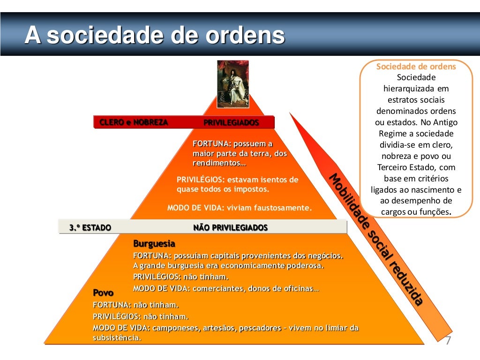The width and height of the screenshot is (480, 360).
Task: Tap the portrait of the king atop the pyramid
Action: coord(232,82)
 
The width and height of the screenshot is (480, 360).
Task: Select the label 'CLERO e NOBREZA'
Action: coord(133,122)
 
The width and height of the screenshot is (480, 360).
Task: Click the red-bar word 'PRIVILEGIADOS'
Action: coord(231,123)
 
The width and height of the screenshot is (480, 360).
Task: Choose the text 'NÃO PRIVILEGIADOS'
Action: coord(230,228)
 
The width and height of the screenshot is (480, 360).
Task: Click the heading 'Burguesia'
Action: coord(154,244)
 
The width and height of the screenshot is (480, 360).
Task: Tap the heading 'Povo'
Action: coord(103,293)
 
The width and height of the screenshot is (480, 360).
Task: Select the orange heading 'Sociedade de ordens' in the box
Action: coord(416,67)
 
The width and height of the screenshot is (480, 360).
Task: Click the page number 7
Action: coord(448,341)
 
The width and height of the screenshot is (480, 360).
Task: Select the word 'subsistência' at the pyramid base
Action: coord(117,337)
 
